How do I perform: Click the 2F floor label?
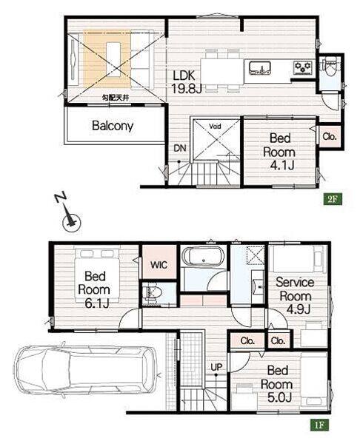[x=333, y=199]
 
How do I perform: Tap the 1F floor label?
[x=319, y=425]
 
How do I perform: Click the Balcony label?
[x=113, y=126]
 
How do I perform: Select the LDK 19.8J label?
[x=187, y=82]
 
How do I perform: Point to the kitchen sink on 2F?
[x=260, y=68]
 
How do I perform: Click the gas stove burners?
[x=303, y=67]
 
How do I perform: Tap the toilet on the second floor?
[x=330, y=67]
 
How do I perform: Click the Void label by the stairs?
[x=215, y=126]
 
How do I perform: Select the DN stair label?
[x=180, y=148]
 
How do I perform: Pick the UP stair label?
[x=216, y=367]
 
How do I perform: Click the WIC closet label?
[x=159, y=266]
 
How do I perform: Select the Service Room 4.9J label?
[x=295, y=296]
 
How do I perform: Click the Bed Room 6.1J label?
[x=94, y=289]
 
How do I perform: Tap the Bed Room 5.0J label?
[x=276, y=384]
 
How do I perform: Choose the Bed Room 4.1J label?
[x=279, y=152]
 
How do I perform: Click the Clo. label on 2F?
[x=330, y=136]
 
